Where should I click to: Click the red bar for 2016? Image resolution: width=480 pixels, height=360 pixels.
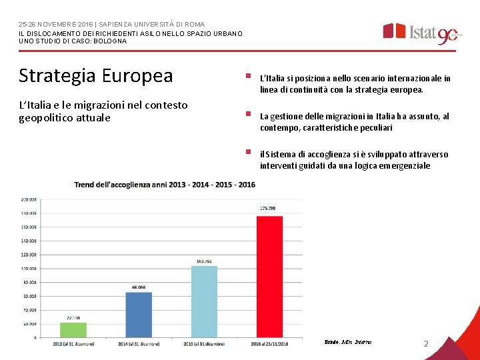click(269, 276)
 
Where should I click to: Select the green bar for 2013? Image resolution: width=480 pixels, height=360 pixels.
click(73, 330)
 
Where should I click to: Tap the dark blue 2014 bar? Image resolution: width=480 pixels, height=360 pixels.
click(139, 315)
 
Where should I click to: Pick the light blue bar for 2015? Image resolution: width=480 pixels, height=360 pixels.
click(204, 301)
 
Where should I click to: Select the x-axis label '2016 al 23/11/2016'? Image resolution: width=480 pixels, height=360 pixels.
click(270, 343)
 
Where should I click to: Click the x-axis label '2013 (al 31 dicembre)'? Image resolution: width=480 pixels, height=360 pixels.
click(74, 343)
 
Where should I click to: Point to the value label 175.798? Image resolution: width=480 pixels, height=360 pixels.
click(268, 209)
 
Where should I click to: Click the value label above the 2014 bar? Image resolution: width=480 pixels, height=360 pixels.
click(139, 287)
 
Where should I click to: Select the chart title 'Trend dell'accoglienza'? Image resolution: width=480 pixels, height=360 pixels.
click(165, 184)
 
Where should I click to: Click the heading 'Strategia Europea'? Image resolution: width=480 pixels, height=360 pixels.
click(95, 75)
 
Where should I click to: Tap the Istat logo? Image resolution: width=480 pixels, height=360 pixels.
click(420, 32)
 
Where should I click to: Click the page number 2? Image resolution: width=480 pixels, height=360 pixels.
click(426, 343)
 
